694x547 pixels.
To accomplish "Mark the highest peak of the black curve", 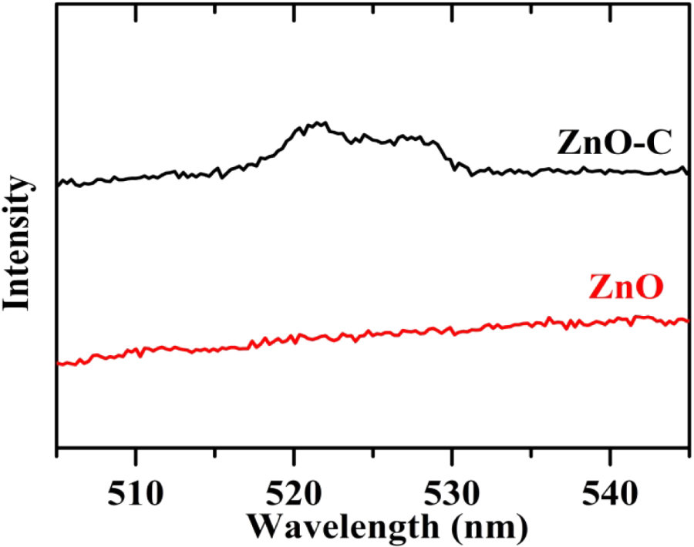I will (x=318, y=123).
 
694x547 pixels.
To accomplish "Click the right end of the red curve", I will (x=686, y=320).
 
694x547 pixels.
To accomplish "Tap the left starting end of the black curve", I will (x=59, y=184).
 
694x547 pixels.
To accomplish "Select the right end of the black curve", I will (x=686, y=169).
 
